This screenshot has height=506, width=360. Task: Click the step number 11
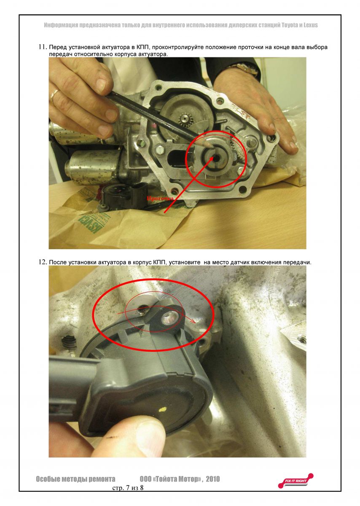click(x=42, y=47)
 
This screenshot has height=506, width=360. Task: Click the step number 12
click(x=42, y=262)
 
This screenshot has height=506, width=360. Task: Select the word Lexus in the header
click(x=309, y=25)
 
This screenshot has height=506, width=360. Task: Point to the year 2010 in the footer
click(x=211, y=479)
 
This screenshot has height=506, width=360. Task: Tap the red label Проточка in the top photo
click(x=160, y=198)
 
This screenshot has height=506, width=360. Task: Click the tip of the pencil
click(x=207, y=144)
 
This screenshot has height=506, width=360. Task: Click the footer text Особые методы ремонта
click(x=75, y=479)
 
